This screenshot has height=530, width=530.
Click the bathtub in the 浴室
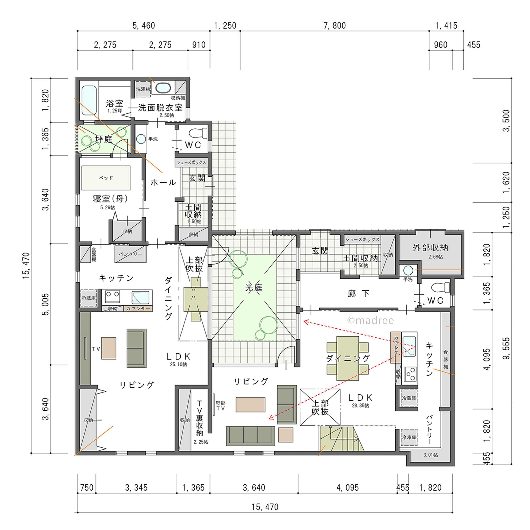89,100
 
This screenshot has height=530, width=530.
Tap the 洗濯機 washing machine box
143,89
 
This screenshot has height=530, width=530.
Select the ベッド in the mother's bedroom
106,178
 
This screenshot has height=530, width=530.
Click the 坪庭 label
104,139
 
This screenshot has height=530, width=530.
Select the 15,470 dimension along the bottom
265,507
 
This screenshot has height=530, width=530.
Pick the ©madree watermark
370,320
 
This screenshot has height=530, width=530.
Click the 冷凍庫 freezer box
409,437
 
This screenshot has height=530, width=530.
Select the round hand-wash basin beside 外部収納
408,270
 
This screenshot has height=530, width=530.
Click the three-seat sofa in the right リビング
251,436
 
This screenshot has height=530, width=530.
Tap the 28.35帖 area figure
360,405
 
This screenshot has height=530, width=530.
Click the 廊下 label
358,294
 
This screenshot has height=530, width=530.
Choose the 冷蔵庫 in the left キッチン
89,298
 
